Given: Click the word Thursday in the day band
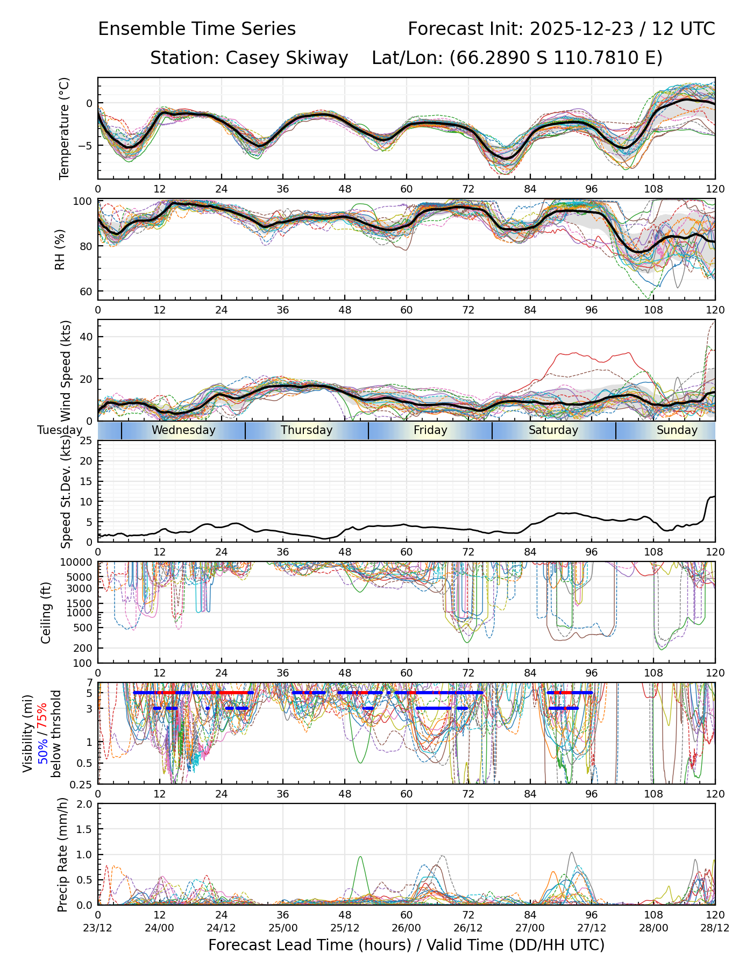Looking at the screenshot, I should click(307, 430).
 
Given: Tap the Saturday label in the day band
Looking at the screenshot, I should click(553, 430).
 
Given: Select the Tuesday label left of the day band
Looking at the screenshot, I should click(60, 430).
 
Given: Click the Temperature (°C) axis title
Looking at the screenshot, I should click(65, 128).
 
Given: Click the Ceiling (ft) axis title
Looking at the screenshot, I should click(46, 613).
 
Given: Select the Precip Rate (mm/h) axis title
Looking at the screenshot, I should click(63, 854).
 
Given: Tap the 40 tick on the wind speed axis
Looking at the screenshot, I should click(86, 337).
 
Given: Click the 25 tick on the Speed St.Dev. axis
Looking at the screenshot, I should click(86, 441).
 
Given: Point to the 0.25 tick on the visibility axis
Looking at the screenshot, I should click(81, 784).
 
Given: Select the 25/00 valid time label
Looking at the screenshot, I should click(283, 928).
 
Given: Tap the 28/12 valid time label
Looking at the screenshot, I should click(715, 928).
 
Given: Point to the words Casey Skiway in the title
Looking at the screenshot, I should click(287, 58).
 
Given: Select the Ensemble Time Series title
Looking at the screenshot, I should click(197, 29).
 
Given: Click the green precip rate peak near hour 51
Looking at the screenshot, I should click(360, 857).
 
